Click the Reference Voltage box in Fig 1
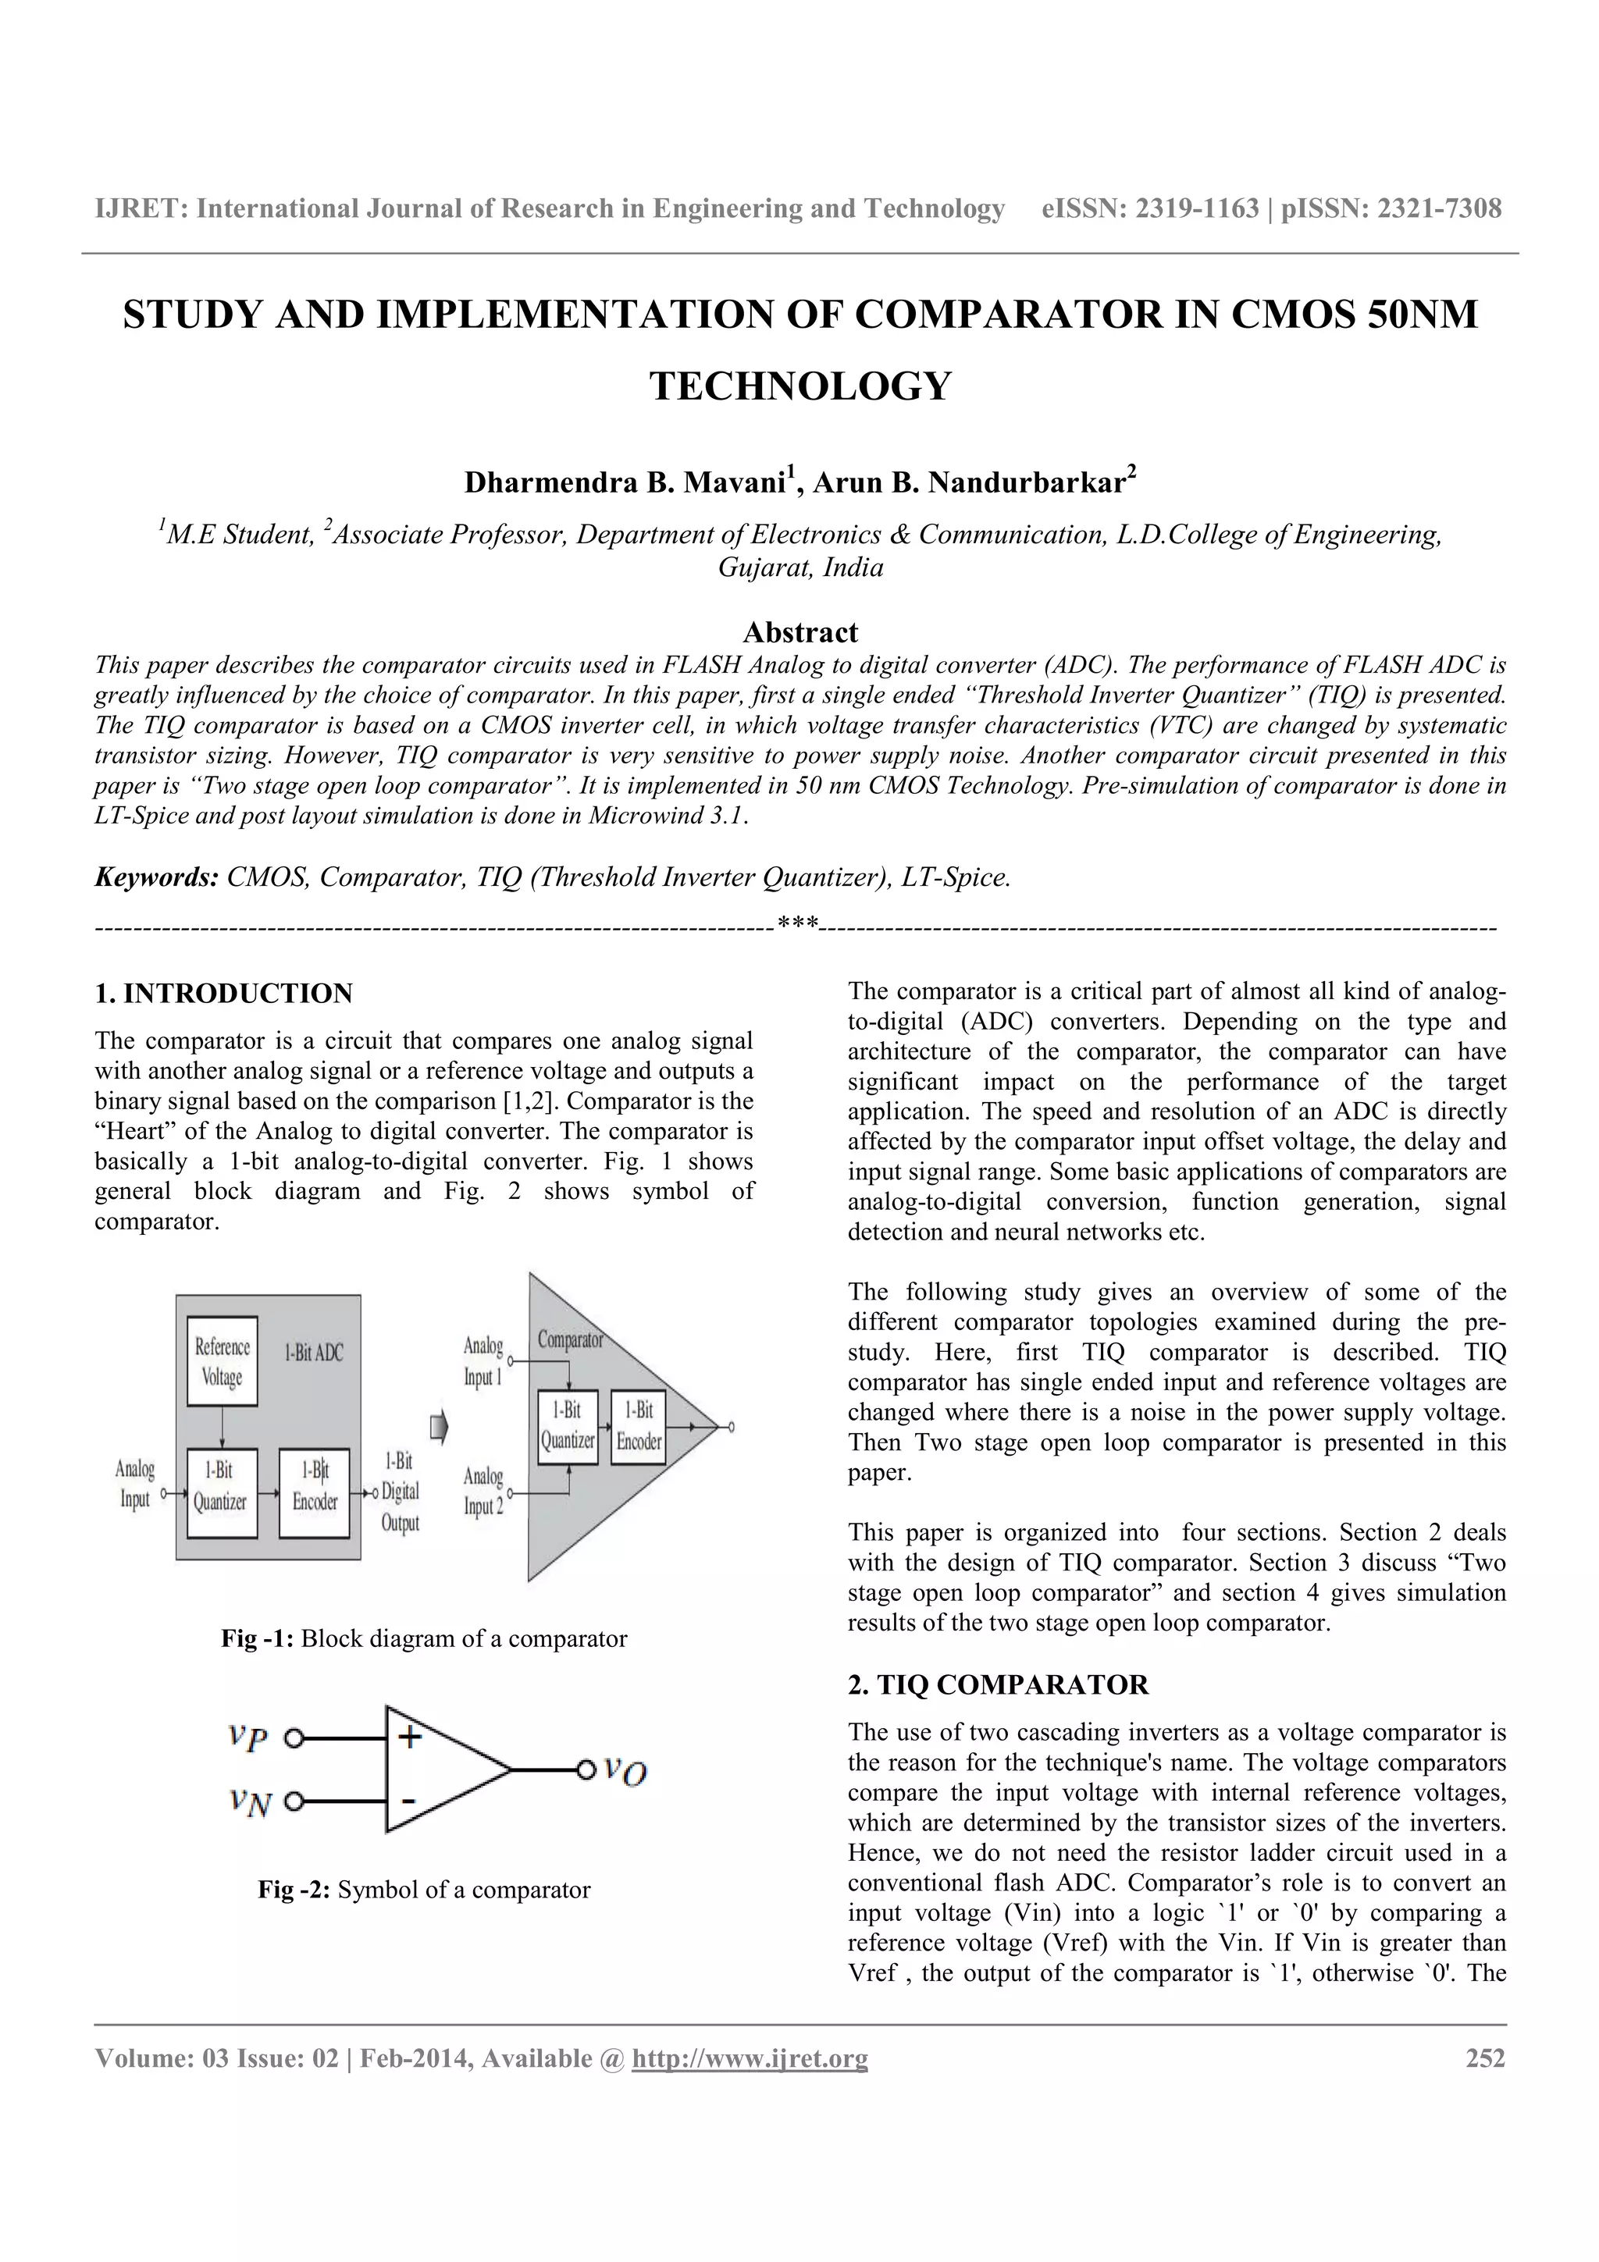pos(223,1361)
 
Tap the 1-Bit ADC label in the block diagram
pos(313,1353)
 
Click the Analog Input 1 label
pos(483,1360)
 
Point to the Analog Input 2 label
pos(483,1491)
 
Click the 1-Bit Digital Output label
pos(400,1492)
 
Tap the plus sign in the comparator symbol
pos(410,1736)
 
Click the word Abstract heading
pos(800,631)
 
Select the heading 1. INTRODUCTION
pos(223,993)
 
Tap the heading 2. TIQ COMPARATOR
pos(998,1684)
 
